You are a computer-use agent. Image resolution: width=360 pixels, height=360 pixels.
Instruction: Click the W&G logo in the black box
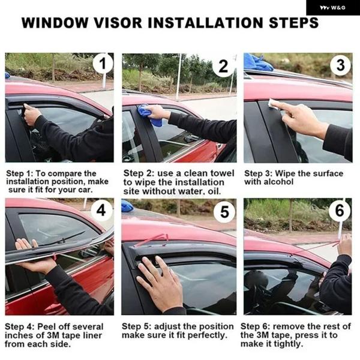pos(332,8)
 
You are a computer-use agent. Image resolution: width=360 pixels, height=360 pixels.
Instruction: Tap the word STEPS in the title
pos(293,23)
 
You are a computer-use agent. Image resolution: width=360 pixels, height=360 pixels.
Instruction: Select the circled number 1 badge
pos(103,63)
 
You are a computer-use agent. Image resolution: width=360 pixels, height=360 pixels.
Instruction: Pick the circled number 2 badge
pos(223,67)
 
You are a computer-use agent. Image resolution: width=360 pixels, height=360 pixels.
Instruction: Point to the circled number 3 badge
pos(340,65)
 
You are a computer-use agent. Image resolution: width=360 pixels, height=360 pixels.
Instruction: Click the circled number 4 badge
pos(101,210)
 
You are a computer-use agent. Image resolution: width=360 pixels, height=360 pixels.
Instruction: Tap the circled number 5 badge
pos(224,211)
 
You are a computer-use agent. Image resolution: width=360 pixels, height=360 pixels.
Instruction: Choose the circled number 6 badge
pos(340,210)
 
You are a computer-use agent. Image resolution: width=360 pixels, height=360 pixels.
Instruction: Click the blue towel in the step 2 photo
pos(149,115)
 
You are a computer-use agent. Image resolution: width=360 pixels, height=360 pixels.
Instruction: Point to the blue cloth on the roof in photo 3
pos(257,62)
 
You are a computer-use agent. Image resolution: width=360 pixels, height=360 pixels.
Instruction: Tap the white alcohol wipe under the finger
pos(273,104)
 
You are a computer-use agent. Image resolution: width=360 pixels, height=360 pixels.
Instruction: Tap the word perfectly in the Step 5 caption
pos(207,335)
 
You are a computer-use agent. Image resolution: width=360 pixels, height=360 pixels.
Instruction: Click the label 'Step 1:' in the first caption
pos(19,173)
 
